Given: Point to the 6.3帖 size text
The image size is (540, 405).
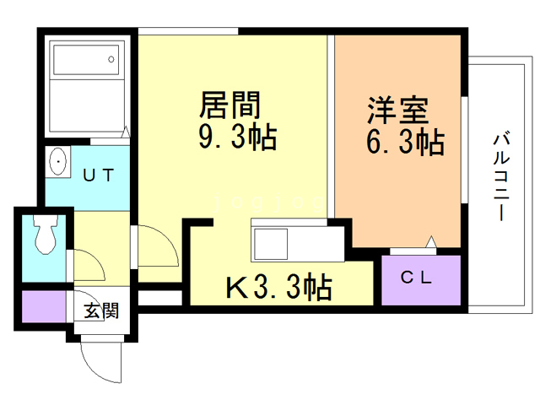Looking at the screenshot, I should coord(405,143).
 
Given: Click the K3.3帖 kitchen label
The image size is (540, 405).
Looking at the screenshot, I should coord(278,289).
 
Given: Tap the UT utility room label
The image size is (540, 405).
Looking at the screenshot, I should coord(98,175).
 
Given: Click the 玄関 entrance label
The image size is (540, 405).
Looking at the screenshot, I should coord(100,310).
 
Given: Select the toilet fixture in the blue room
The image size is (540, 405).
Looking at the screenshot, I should coord(44,234).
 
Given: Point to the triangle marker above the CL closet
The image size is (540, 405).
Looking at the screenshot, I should coord(430,243).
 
